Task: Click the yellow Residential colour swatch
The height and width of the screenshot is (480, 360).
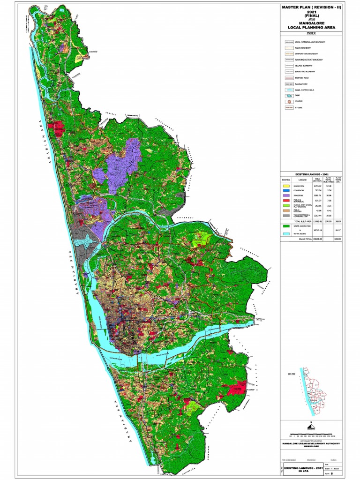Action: [x=286, y=186]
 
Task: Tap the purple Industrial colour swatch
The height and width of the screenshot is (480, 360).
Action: [x=286, y=196]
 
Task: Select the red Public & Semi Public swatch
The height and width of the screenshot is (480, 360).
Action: [x=286, y=201]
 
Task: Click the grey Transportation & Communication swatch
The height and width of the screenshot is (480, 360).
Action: [x=286, y=216]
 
